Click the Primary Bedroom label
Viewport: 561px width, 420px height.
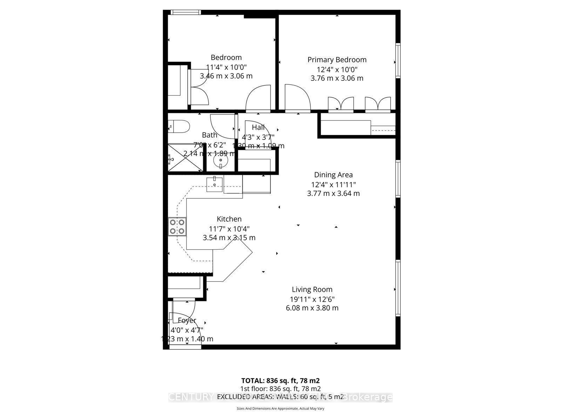(337, 60)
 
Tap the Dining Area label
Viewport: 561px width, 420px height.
(333, 175)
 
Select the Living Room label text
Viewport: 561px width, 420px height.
(312, 289)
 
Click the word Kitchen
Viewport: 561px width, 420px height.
(229, 219)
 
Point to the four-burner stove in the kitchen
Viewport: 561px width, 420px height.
(177, 226)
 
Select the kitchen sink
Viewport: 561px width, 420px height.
(214, 183)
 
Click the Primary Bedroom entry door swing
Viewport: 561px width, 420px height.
(297, 98)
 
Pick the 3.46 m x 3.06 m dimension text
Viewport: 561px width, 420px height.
(226, 76)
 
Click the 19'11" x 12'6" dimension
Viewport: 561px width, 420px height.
(312, 299)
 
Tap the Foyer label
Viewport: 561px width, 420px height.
(187, 321)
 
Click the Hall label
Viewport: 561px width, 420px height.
(258, 128)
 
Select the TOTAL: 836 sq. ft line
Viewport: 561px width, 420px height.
(280, 380)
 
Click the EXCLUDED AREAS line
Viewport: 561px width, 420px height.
(280, 397)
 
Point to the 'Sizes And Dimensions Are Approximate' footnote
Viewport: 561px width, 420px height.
(280, 408)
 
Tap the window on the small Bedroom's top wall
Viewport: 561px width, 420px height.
(186, 13)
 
